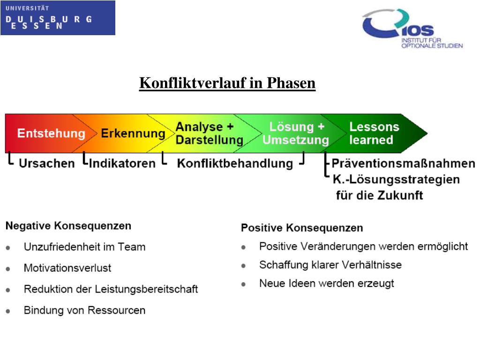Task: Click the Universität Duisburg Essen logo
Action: tap(57, 18)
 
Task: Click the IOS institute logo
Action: tap(412, 29)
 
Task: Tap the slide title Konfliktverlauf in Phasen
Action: tap(227, 83)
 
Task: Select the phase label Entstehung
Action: tap(51, 134)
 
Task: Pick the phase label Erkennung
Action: tap(133, 134)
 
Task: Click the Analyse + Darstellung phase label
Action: tap(209, 134)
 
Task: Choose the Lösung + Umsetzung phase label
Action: tap(296, 134)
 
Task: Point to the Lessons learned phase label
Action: tap(374, 134)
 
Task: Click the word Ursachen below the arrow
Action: tap(46, 164)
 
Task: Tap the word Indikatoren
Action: tap(122, 164)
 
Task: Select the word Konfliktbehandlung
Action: tap(235, 164)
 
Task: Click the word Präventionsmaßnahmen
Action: tap(403, 164)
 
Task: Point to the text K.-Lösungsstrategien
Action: tap(396, 180)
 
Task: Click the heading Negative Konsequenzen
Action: tap(68, 226)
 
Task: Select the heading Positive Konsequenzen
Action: tap(302, 228)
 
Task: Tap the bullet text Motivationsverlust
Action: tap(67, 268)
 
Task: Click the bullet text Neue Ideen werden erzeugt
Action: tap(326, 284)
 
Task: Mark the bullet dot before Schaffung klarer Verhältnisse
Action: tap(244, 266)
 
